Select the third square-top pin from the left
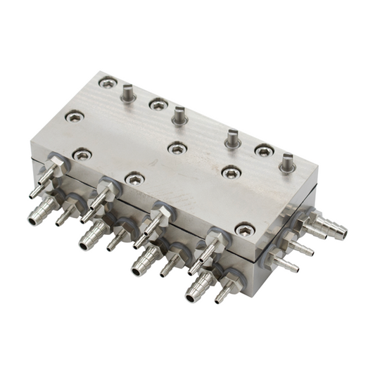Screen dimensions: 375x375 tap(232, 138)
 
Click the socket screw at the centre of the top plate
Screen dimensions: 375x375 tap(177, 148)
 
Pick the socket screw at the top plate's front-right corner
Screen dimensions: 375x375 tap(245, 229)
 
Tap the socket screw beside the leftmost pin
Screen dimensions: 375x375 tap(107, 83)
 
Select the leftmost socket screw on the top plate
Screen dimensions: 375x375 tap(73, 115)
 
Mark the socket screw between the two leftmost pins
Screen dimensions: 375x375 tap(158, 104)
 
